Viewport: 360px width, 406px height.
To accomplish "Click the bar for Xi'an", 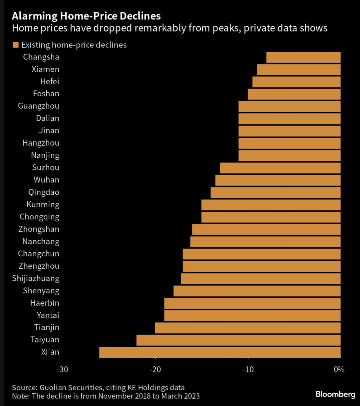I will [220, 352].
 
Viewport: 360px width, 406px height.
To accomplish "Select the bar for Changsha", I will [303, 57].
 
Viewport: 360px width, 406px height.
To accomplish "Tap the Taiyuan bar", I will [238, 340].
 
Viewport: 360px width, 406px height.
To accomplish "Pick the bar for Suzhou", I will [280, 168].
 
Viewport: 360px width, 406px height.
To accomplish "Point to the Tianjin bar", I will [248, 327].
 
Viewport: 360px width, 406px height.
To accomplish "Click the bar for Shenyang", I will [257, 291].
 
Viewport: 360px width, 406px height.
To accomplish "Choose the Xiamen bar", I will [299, 69].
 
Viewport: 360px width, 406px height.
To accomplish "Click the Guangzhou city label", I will [39, 106].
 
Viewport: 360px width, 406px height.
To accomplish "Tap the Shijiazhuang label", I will [36, 278].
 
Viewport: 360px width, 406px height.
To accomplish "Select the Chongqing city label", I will [39, 217].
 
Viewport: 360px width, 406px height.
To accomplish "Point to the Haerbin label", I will [45, 303].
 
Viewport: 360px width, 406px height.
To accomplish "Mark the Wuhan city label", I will [46, 180].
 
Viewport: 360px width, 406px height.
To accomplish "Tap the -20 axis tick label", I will [155, 370].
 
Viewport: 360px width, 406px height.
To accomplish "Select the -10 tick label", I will [248, 370].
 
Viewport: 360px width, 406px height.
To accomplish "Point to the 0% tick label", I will [339, 370].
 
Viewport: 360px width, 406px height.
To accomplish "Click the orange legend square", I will [15, 45].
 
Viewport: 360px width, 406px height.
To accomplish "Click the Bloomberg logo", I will [335, 394].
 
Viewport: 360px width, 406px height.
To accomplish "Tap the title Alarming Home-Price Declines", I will [86, 16].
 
